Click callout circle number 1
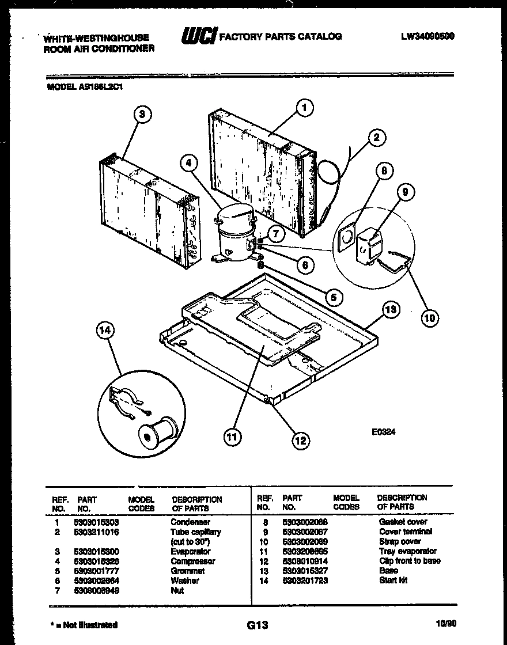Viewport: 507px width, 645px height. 304,107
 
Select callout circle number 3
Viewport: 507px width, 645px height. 142,114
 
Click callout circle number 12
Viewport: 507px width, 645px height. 300,441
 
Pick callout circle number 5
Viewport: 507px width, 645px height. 332,297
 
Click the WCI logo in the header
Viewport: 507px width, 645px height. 198,37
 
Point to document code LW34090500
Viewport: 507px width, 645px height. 427,36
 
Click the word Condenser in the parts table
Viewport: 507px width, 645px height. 190,522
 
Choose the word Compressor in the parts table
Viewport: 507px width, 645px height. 192,561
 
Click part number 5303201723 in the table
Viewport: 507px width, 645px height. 305,580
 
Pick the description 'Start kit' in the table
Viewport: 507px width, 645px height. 393,580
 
